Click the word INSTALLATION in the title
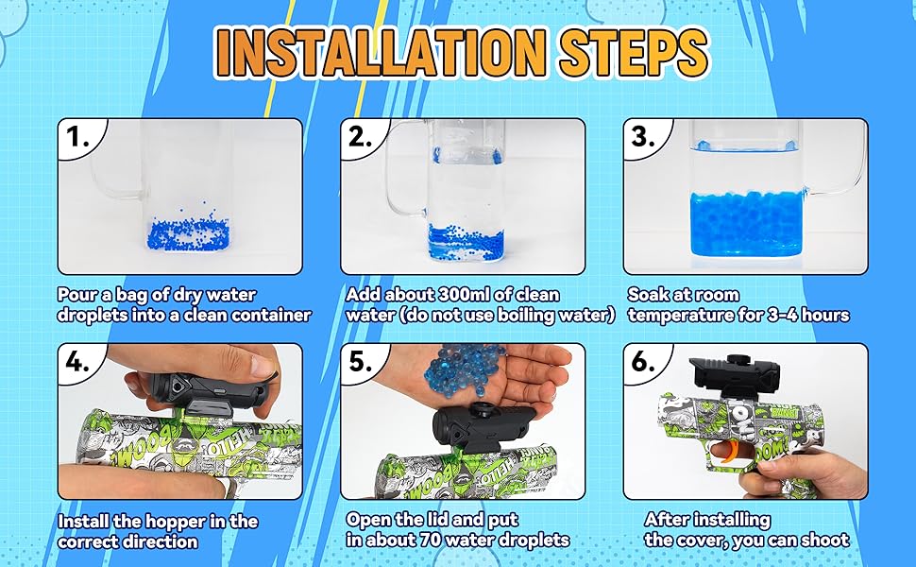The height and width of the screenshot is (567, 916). [381, 53]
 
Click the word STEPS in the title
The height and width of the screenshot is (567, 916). [635, 53]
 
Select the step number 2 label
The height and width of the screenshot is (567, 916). [361, 137]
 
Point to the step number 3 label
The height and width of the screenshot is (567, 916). [643, 137]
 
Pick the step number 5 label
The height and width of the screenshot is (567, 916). [361, 363]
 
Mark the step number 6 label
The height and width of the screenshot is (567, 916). [643, 363]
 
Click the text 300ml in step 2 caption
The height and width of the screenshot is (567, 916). [464, 295]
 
